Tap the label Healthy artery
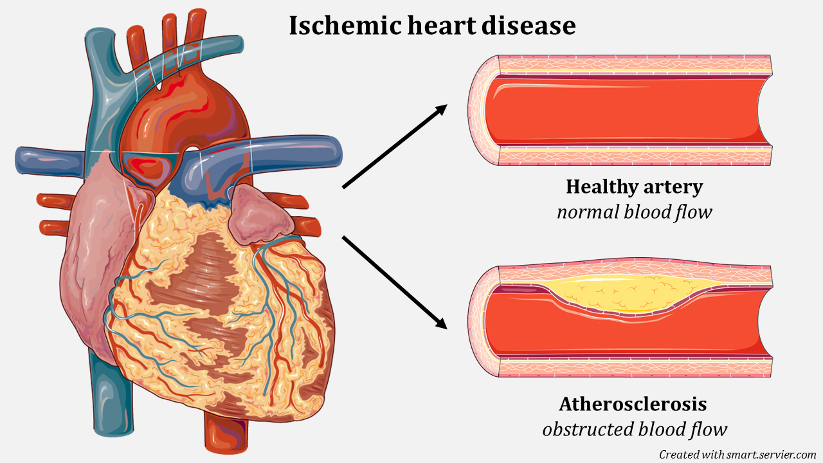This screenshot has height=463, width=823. [634, 187]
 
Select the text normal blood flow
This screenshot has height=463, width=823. [634, 212]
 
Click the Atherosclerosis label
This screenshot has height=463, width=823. [633, 404]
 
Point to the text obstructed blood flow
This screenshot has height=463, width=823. [634, 429]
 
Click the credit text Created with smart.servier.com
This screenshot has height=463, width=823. [737, 454]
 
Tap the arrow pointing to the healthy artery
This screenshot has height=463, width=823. [394, 147]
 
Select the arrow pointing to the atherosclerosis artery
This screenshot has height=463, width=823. [394, 282]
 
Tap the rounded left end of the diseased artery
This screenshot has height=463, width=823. [479, 321]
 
